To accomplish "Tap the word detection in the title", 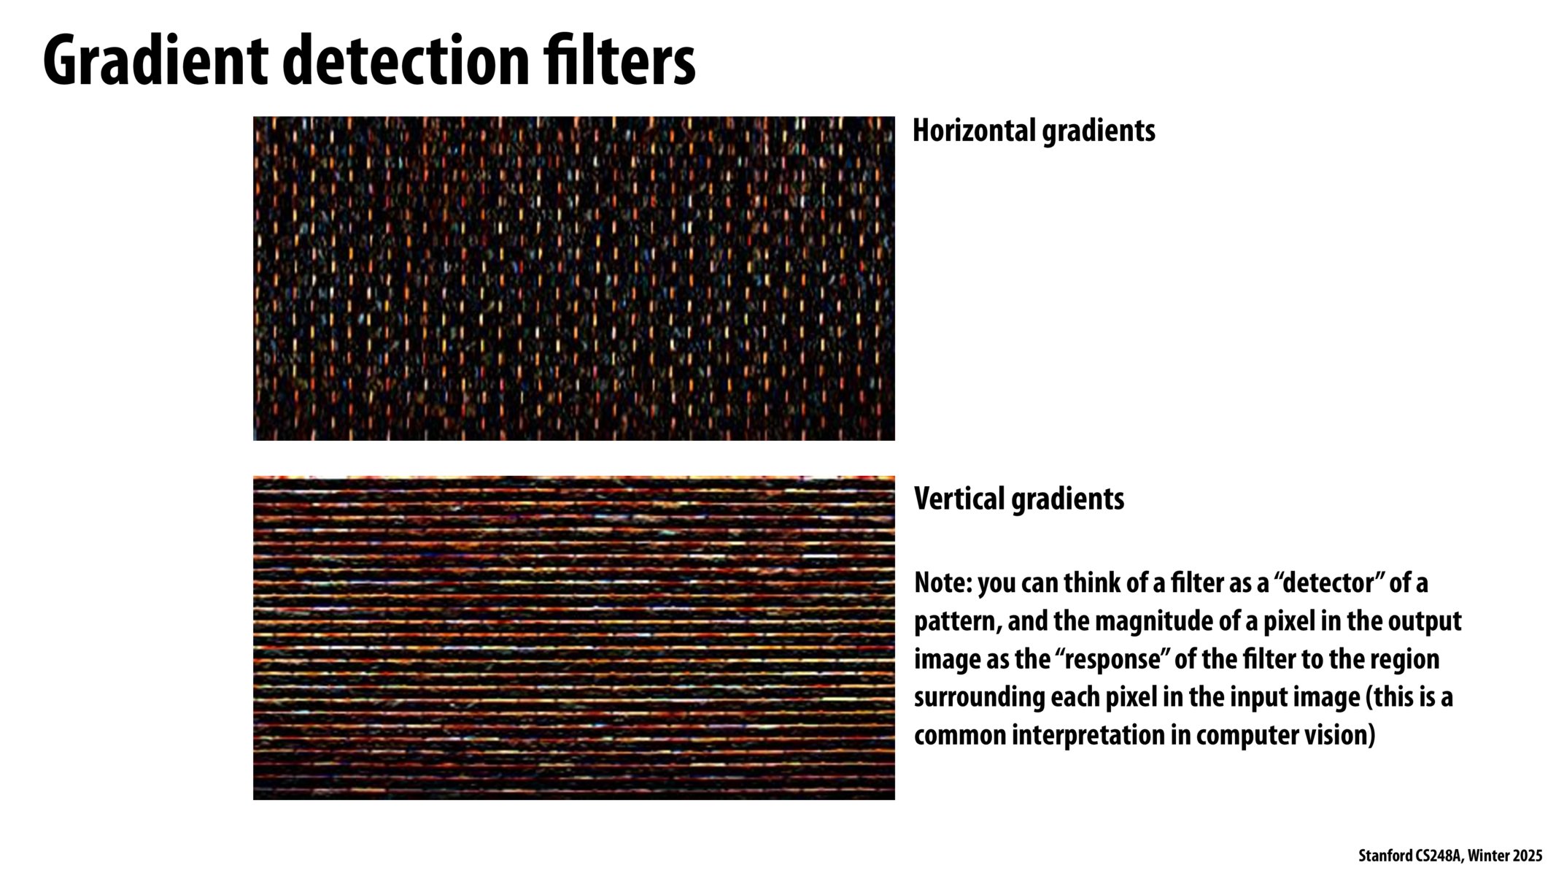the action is [x=405, y=61].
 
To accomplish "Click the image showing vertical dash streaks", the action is [x=574, y=278].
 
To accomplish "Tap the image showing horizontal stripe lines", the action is [x=574, y=638].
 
